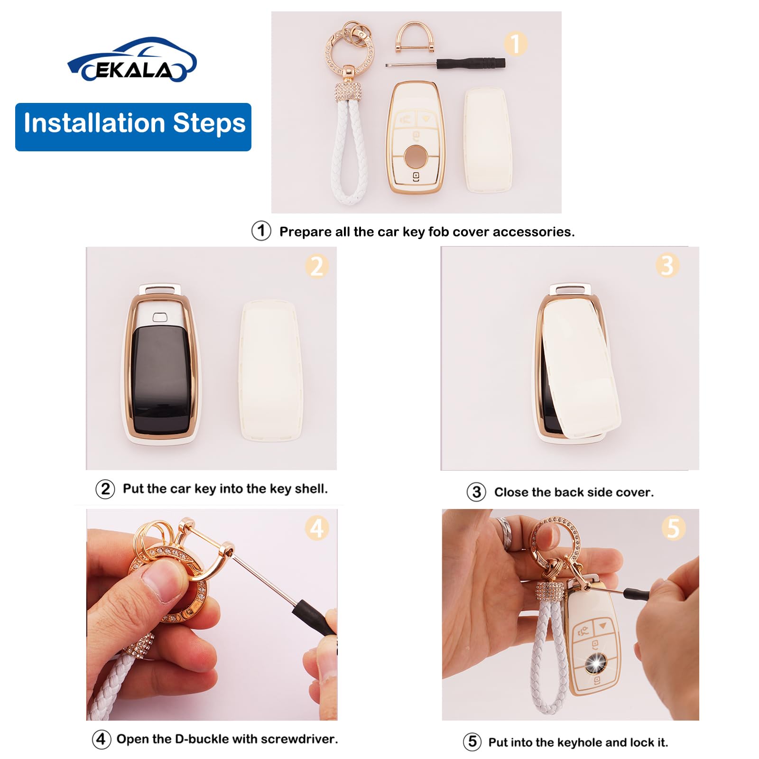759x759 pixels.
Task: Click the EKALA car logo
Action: [132, 60]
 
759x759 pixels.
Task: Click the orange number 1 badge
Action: [515, 44]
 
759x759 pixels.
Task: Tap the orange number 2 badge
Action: [316, 266]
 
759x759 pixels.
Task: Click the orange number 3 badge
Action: [667, 265]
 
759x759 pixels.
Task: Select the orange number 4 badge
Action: [316, 528]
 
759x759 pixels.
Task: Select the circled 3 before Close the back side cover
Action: [476, 492]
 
